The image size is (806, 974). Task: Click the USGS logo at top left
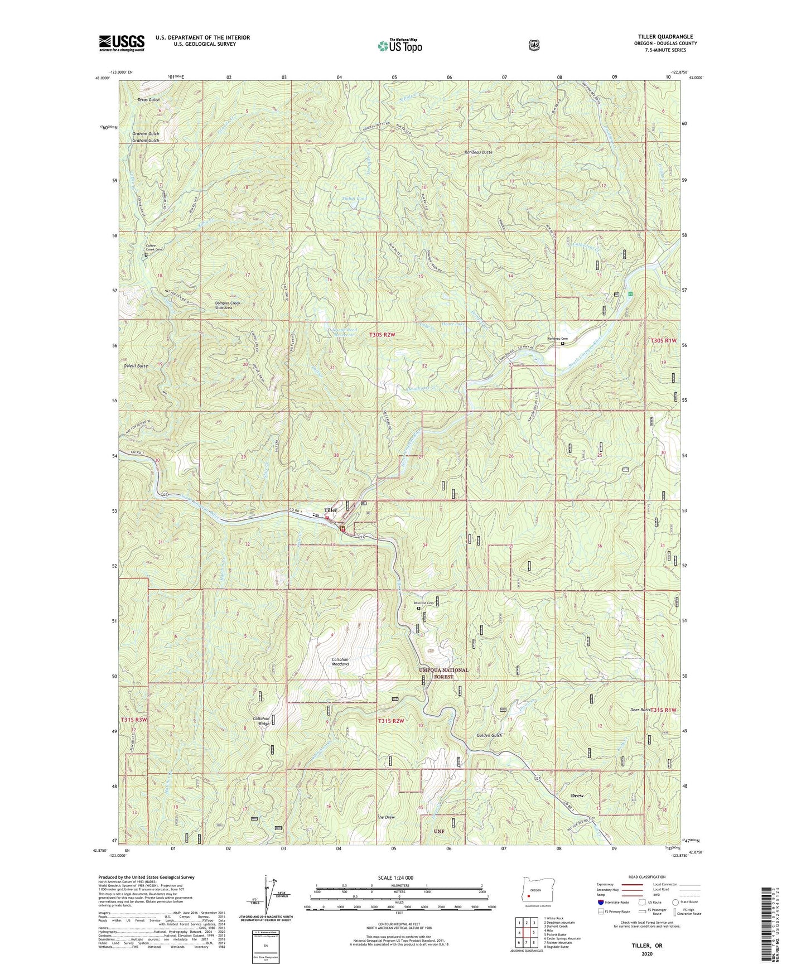pos(122,43)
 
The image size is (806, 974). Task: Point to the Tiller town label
pos(331,510)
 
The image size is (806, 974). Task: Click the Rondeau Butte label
pos(479,152)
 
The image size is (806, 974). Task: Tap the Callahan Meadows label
pos(340,662)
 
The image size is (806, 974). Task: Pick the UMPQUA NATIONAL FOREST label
pos(444,673)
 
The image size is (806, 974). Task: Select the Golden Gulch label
pos(490,735)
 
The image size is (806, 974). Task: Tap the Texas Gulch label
pos(148,100)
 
